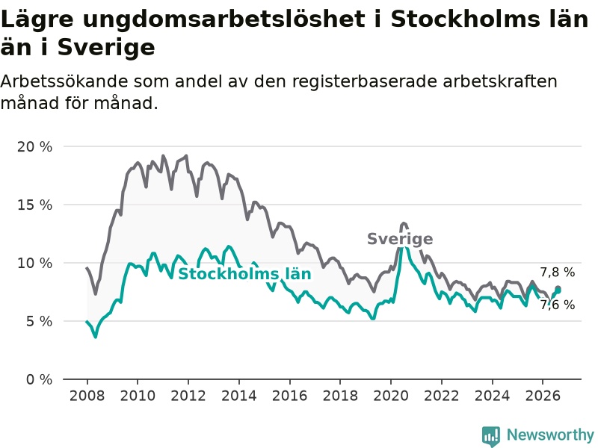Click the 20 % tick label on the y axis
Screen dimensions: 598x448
point(34,147)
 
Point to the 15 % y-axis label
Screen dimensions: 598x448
point(34,205)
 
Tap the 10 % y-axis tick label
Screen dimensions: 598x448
point(34,264)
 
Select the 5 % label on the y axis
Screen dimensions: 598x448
point(39,322)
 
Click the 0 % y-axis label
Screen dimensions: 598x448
point(39,380)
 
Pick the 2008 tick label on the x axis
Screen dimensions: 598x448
point(87,396)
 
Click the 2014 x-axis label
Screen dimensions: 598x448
point(239,396)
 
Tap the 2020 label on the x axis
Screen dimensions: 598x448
point(391,396)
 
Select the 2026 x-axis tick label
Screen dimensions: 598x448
point(543,396)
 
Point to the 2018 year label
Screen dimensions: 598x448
point(340,396)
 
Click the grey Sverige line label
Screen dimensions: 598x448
point(400,239)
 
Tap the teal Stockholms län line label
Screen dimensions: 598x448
point(245,274)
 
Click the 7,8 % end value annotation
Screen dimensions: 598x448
point(557,273)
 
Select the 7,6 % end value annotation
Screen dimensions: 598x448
point(557,305)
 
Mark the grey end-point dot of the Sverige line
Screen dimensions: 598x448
point(558,288)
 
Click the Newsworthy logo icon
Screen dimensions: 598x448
point(491,436)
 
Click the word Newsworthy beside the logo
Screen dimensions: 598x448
point(550,435)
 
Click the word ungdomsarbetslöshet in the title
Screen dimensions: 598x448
point(224,20)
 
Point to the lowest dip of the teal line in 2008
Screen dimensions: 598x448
point(96,337)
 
